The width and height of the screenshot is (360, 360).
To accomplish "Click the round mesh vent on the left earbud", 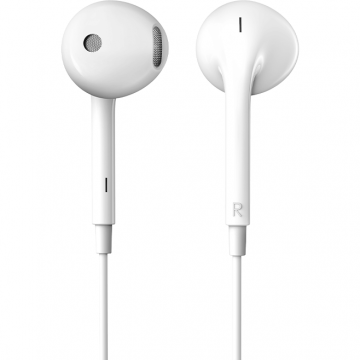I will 93,43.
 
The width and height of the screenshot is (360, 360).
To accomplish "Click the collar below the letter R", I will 238,241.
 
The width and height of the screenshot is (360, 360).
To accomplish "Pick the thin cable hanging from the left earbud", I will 105,300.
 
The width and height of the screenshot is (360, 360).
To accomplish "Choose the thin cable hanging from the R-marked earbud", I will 238,300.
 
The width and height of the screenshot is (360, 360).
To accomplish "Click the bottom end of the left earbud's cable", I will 105,354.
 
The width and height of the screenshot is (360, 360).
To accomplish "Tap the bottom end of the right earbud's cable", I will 238,354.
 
